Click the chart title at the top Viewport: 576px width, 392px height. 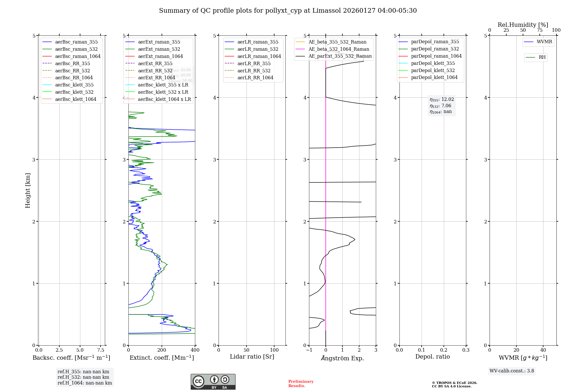tap(288, 11)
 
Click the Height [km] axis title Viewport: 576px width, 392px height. tap(28, 190)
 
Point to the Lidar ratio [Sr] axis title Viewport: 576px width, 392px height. tap(252, 357)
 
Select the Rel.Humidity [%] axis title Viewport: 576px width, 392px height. tap(523, 25)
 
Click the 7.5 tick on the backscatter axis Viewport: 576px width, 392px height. tap(101, 350)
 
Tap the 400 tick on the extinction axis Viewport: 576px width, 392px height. tap(195, 350)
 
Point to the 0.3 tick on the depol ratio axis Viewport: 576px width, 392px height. tap(466, 350)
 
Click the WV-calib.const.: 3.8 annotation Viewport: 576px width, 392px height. tap(511, 371)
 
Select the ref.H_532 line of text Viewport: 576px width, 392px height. tap(83, 377)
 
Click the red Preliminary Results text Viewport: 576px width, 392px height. tap(301, 384)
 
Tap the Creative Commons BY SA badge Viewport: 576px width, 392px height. tap(213, 382)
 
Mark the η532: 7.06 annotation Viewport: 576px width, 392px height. tap(440, 106)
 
